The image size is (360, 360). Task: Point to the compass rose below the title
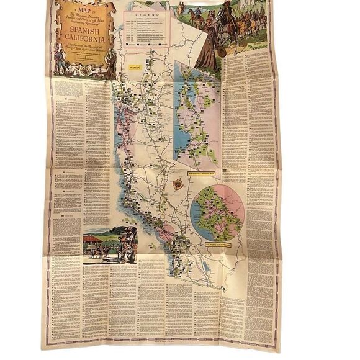pos(84,69)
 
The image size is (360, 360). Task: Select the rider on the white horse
pos(226,25)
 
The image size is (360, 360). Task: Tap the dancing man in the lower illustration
pos(128,243)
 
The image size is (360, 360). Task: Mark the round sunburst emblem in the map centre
pos(178,184)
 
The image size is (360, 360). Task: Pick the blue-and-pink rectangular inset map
pos(197,115)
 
